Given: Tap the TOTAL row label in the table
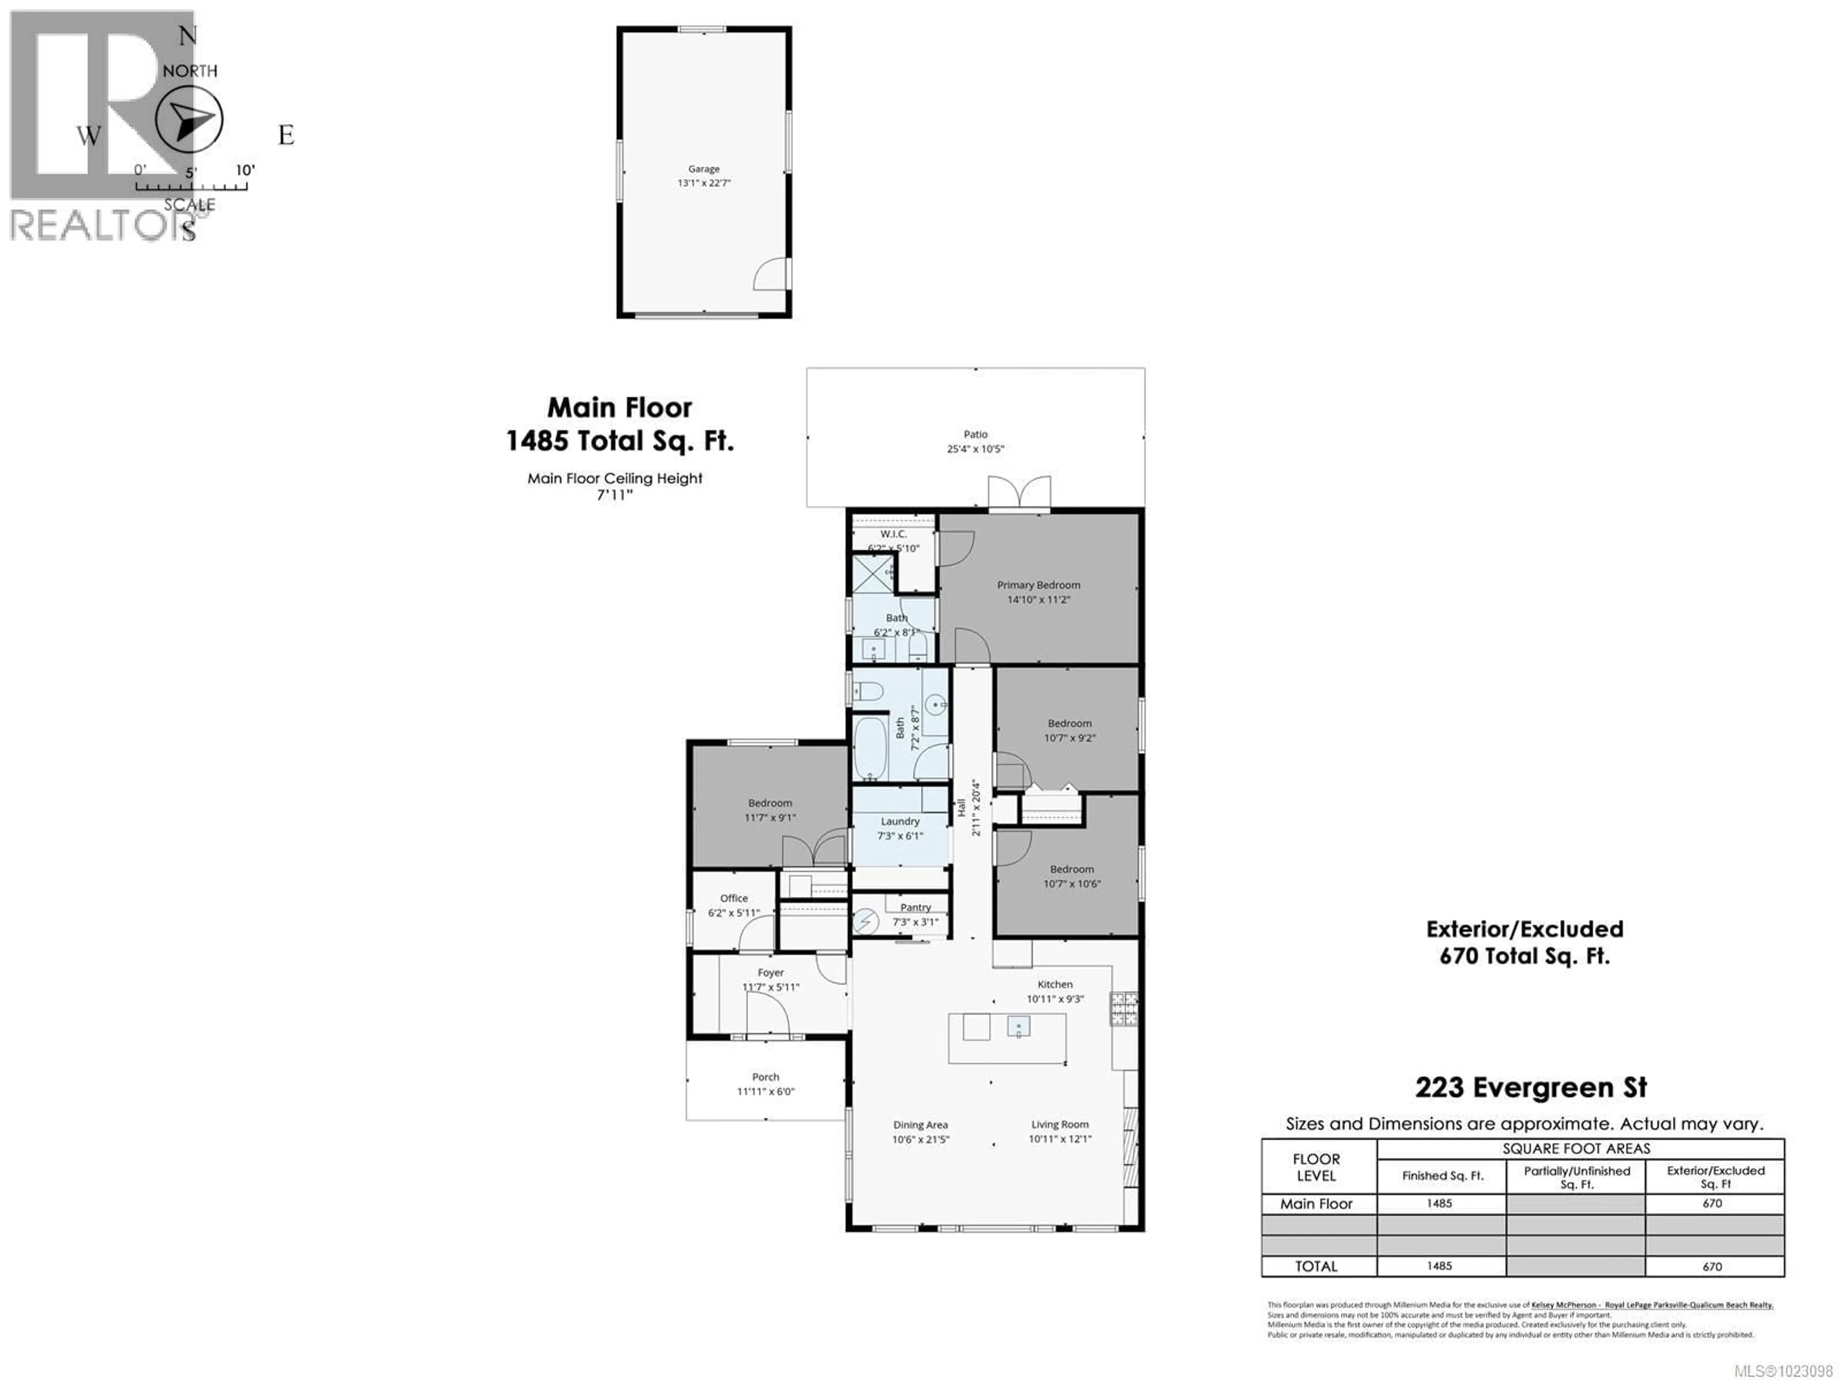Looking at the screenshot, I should click(1316, 1266).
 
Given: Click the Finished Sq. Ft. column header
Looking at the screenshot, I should click(1442, 1175).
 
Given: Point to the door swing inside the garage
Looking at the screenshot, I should click(772, 275).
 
